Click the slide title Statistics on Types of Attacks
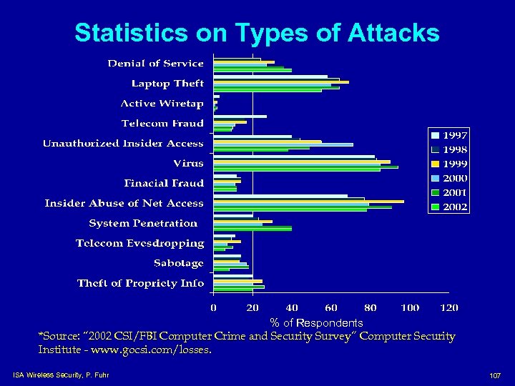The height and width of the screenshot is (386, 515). (x=257, y=32)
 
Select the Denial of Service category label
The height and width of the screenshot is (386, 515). (x=155, y=64)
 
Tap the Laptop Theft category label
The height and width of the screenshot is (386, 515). (x=167, y=84)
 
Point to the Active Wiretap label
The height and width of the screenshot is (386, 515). (x=162, y=104)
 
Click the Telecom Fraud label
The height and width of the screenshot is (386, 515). (x=162, y=124)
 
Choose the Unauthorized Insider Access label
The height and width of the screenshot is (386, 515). (x=123, y=144)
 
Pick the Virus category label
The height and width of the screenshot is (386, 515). (x=188, y=164)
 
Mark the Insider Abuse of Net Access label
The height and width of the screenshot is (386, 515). (x=124, y=204)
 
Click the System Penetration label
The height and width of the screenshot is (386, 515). (x=143, y=224)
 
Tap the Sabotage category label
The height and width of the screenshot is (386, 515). (x=178, y=263)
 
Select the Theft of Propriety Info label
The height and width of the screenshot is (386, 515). (x=140, y=283)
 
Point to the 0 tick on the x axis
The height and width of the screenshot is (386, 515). (x=213, y=307)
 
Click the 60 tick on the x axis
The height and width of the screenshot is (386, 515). (x=331, y=307)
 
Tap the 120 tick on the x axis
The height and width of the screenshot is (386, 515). (x=448, y=307)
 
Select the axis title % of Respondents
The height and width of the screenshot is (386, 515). (x=316, y=323)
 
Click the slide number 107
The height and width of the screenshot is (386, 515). (x=494, y=375)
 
